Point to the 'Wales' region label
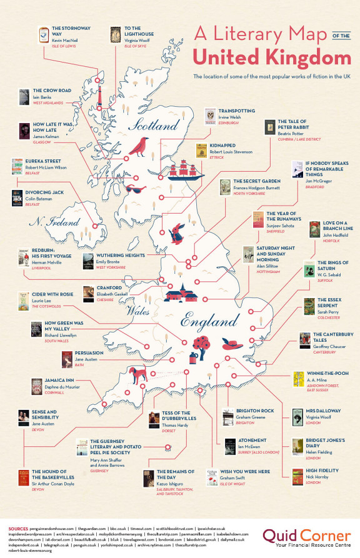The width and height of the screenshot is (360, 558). coord(139,311)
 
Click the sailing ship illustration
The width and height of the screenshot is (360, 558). coord(189,167)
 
